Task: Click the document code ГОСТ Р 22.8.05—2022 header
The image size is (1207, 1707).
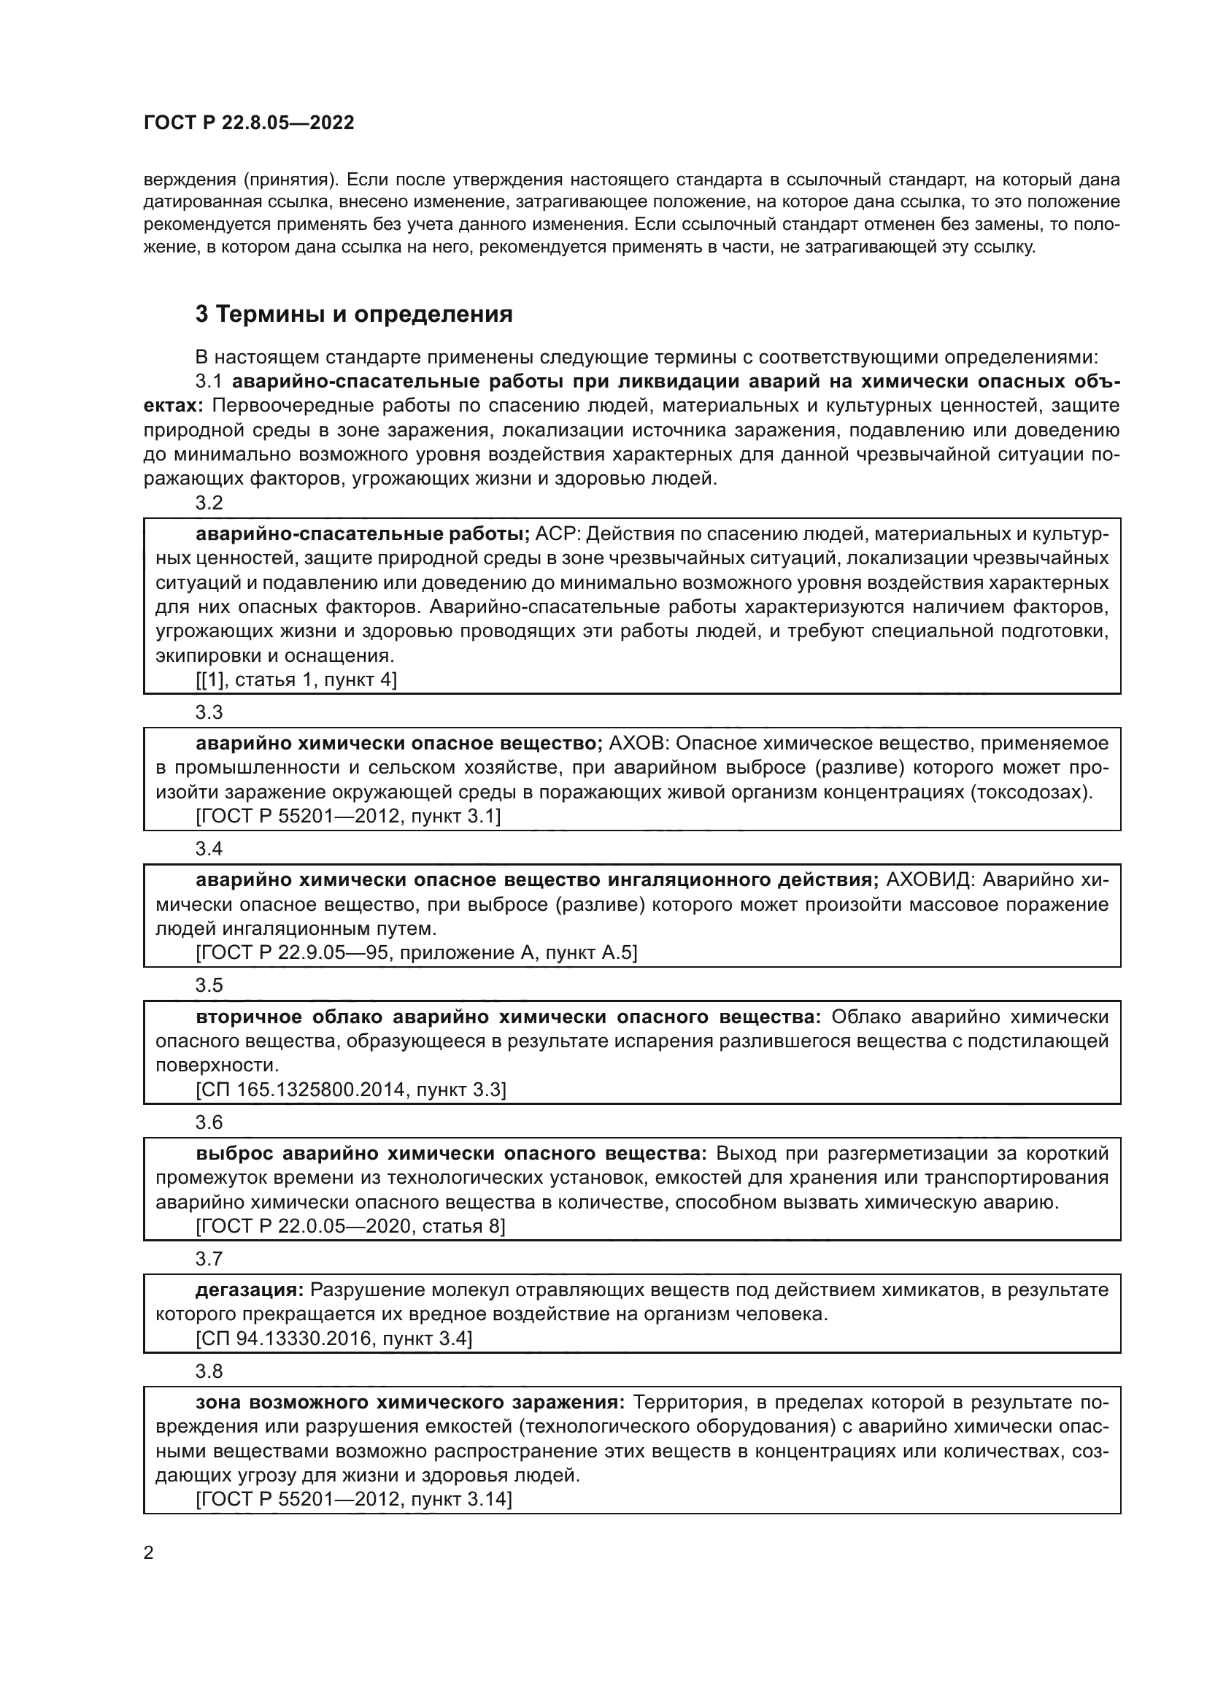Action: click(248, 123)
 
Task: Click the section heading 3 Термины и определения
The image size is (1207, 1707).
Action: click(354, 315)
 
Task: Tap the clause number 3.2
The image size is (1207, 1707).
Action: click(209, 504)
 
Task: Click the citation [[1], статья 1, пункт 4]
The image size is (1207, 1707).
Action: click(296, 679)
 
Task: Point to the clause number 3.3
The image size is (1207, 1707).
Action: click(209, 712)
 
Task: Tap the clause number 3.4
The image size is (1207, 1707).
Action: click(209, 849)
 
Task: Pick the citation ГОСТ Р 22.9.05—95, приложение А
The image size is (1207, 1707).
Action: click(416, 953)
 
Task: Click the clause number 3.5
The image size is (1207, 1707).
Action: click(209, 986)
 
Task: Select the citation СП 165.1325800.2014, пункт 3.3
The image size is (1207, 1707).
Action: click(350, 1090)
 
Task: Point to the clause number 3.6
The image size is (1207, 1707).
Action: click(209, 1122)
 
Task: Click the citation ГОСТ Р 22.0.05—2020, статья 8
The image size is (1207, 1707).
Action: click(350, 1226)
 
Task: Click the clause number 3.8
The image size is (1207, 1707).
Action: click(209, 1371)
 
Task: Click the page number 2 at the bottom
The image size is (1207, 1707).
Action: click(148, 1553)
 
